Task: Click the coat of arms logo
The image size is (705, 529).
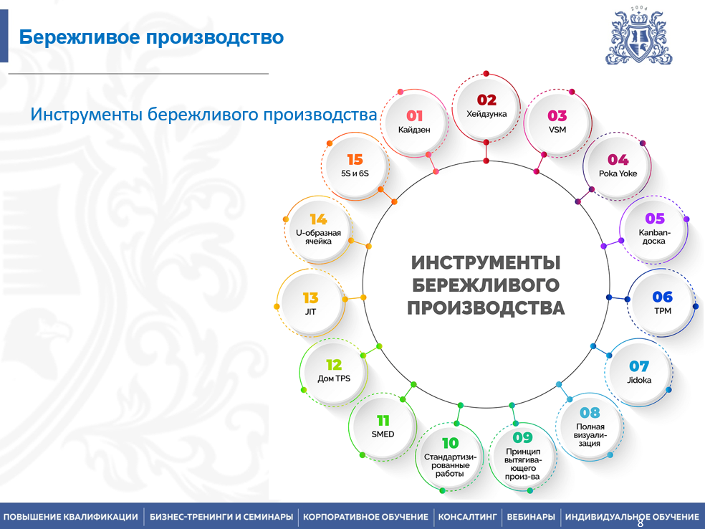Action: coord(638,36)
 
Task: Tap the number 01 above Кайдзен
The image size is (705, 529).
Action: coord(415,116)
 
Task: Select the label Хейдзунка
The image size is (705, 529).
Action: coord(486,114)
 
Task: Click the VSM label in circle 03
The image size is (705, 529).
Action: coord(557,130)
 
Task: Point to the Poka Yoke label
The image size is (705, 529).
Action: coord(618,173)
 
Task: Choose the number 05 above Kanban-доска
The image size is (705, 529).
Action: coord(655,219)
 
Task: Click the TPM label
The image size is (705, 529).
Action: coord(663,311)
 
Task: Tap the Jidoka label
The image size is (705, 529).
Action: coord(639,380)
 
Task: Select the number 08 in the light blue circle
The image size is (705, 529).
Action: coord(590,412)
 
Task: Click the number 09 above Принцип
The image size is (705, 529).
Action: coord(522,437)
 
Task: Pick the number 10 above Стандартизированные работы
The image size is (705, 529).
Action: coord(450,443)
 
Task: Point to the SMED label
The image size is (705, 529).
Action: coord(383,434)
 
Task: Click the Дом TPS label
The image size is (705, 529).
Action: coord(334,378)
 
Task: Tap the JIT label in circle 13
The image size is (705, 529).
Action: coord(310,312)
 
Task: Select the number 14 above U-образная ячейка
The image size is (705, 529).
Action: coord(318,219)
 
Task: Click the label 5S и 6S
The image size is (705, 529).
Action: coord(355,173)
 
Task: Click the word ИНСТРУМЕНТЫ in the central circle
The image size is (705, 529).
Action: coord(486,262)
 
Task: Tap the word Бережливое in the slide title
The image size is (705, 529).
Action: coord(80,37)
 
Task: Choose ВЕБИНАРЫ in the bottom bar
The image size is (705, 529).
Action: coord(531,517)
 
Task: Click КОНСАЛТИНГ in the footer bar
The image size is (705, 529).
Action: coord(468,517)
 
